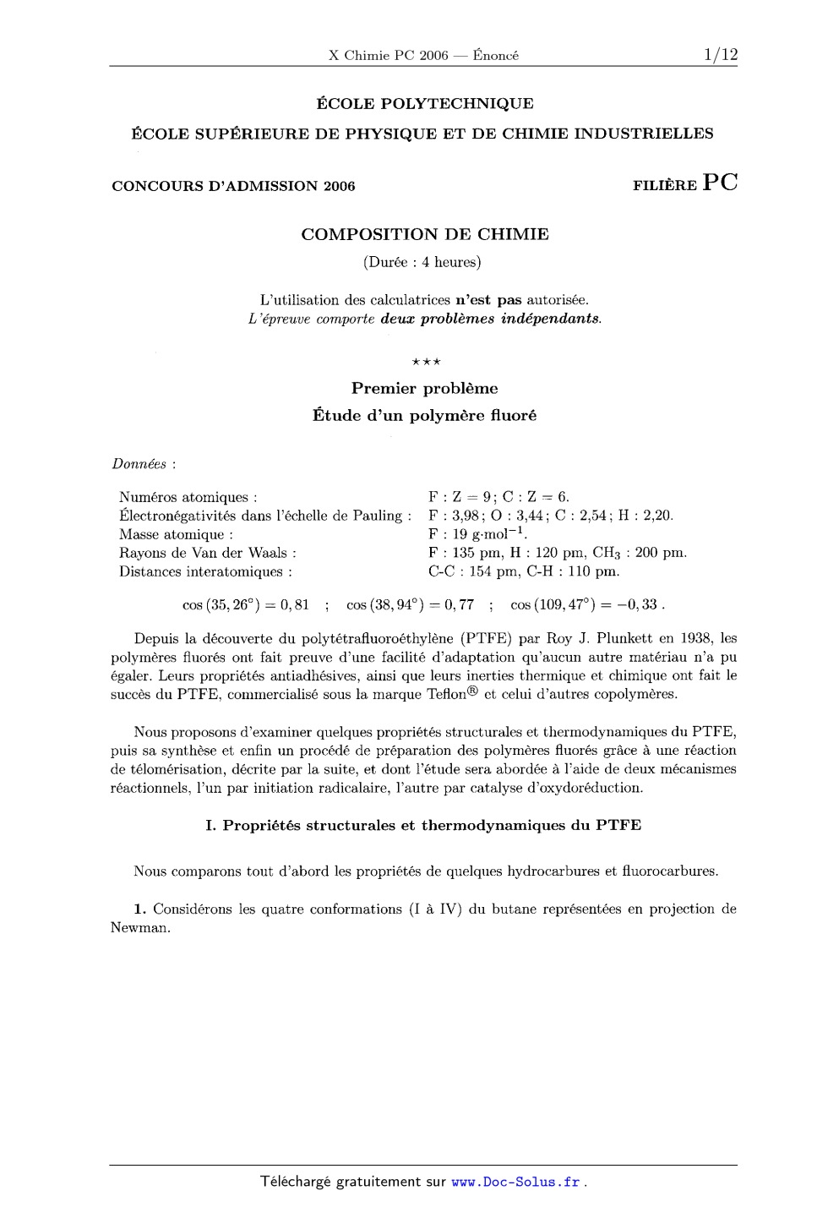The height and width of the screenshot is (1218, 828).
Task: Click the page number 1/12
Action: pos(719,55)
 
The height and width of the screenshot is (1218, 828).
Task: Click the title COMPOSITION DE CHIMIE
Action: pos(424,234)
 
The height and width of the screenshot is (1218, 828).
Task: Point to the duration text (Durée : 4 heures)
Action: pos(422,262)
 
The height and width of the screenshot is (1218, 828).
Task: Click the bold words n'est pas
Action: pos(488,299)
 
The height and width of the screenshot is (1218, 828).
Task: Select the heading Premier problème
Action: pos(424,389)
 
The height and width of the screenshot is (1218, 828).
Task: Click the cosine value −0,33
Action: pos(641,605)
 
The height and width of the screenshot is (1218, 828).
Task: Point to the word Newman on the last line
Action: pos(140,927)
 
